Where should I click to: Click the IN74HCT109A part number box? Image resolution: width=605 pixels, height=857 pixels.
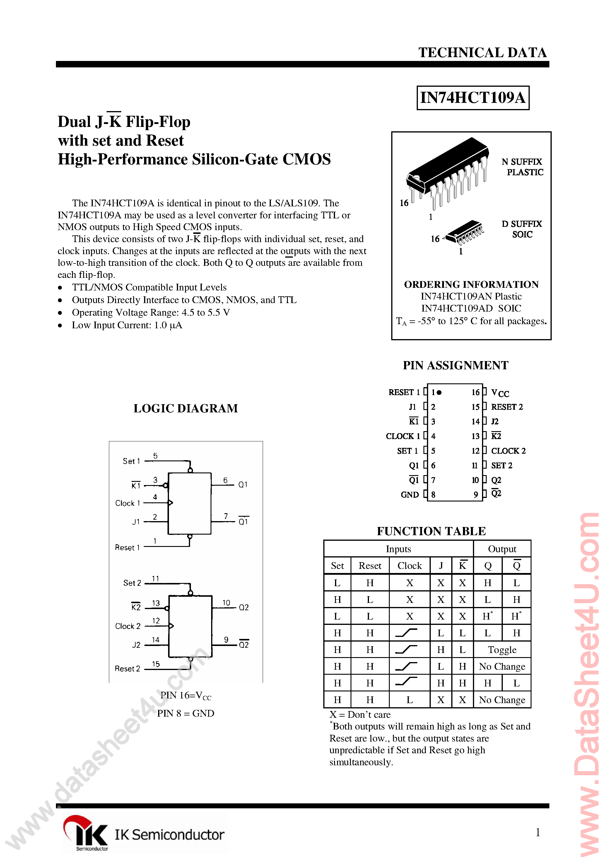[x=473, y=98]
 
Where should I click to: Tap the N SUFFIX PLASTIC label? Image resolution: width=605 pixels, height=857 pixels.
[x=522, y=167]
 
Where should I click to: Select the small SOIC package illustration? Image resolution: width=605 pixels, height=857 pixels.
[x=464, y=232]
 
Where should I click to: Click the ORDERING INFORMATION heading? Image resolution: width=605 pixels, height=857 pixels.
[x=471, y=284]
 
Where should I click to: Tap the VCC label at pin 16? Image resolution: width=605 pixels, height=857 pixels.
[x=500, y=393]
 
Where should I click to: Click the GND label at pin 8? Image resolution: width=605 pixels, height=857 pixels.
[x=410, y=494]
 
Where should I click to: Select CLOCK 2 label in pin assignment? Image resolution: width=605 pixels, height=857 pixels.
[x=508, y=451]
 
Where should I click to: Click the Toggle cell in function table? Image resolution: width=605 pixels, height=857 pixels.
[x=502, y=650]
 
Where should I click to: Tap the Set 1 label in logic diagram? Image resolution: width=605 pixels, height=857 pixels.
[x=131, y=461]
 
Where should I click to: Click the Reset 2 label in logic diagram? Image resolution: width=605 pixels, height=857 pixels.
[x=127, y=669]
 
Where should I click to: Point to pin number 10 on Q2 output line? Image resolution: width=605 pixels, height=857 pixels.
[x=226, y=602]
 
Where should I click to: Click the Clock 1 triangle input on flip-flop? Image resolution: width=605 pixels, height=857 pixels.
[x=170, y=503]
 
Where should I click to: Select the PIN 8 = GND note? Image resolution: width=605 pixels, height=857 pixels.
[x=185, y=713]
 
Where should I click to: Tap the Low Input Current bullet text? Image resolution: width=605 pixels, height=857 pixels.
[x=127, y=325]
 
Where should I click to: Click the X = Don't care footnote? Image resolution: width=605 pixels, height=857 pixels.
[x=360, y=715]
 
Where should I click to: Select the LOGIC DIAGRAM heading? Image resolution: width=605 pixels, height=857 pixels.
[x=185, y=408]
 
